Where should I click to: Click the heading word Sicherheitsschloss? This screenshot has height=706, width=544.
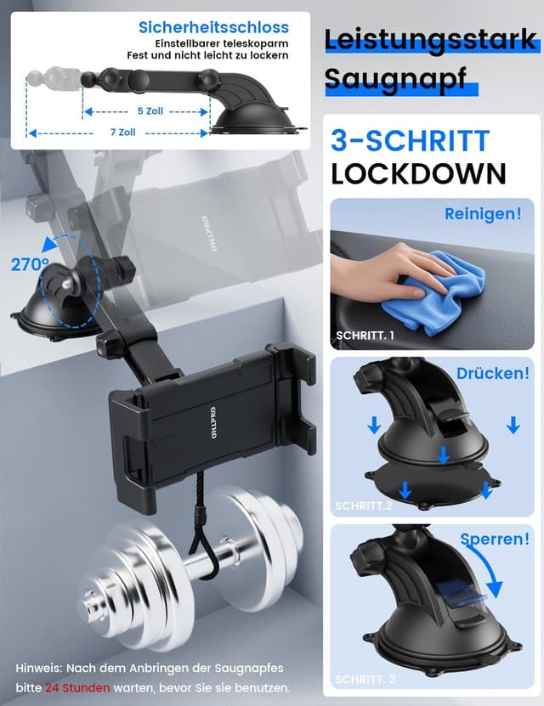[213, 27]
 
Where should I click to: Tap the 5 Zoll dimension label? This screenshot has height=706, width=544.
[150, 111]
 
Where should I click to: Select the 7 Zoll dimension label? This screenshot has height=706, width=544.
[123, 133]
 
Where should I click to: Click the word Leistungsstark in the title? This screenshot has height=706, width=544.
[430, 40]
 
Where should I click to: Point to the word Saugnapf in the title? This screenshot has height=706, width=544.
[395, 79]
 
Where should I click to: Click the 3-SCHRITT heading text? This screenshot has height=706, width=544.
[410, 141]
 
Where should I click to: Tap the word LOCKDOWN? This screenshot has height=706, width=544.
[419, 173]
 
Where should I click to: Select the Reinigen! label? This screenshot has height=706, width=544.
[483, 214]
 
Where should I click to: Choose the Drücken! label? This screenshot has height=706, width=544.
[493, 373]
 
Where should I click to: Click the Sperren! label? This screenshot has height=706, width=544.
[495, 539]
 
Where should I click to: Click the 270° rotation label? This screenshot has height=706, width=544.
[30, 265]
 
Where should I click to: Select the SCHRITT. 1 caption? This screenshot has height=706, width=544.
[365, 336]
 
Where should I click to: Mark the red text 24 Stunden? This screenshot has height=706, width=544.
[77, 688]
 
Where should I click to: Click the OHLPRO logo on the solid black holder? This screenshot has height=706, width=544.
[212, 424]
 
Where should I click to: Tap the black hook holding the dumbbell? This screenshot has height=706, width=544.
[201, 540]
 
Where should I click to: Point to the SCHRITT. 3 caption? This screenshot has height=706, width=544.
[365, 680]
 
